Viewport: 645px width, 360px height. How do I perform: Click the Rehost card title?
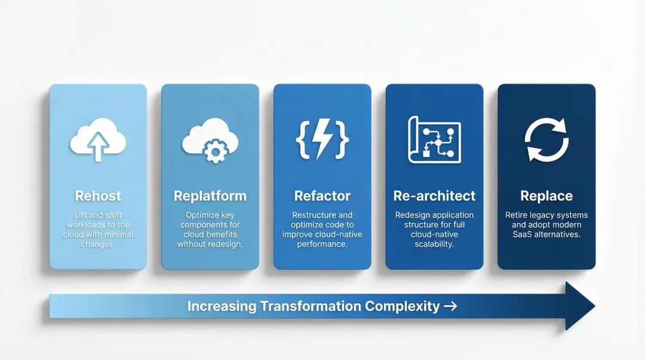tap(98, 196)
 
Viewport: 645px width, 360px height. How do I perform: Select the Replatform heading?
tap(210, 196)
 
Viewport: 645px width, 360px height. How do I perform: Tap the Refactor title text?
tap(322, 196)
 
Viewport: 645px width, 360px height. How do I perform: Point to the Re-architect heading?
tap(434, 196)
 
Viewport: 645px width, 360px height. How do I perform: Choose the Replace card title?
tap(546, 196)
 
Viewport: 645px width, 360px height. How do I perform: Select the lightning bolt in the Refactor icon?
tap(322, 139)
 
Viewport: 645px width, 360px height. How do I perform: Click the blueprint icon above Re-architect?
tap(434, 140)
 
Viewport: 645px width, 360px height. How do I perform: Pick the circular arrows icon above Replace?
tap(546, 140)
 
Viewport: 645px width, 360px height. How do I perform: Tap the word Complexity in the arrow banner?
tap(402, 306)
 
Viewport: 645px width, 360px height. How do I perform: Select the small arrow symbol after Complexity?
tap(450, 306)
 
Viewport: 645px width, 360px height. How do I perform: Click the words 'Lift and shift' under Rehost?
tap(98, 215)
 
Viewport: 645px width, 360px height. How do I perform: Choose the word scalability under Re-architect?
tap(434, 244)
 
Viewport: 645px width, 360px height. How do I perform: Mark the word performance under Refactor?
tap(322, 244)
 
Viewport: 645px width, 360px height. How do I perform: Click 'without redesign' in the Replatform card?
tap(210, 244)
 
